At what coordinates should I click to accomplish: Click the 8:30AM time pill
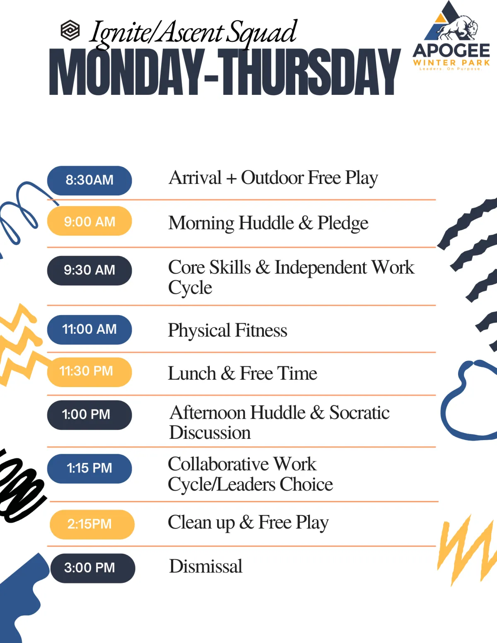(x=89, y=181)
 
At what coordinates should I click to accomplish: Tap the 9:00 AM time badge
(x=89, y=221)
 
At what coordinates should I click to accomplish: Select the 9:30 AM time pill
(x=89, y=270)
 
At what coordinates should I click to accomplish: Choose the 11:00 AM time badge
(x=89, y=330)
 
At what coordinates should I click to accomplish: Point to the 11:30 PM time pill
(x=89, y=372)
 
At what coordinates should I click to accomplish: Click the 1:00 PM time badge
(x=89, y=415)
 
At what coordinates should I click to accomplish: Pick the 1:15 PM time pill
(x=89, y=469)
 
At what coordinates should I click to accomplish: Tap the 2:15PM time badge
(x=92, y=525)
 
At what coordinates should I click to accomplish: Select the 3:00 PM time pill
(x=93, y=568)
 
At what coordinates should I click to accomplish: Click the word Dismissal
(x=206, y=566)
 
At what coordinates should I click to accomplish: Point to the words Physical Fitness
(x=228, y=330)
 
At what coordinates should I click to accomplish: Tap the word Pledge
(x=343, y=223)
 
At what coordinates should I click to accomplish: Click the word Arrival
(x=195, y=178)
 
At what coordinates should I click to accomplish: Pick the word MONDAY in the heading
(x=126, y=72)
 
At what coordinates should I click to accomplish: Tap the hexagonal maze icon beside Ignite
(x=70, y=30)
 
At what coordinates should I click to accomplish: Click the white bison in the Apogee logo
(x=457, y=28)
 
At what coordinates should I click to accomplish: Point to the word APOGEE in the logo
(x=451, y=51)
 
